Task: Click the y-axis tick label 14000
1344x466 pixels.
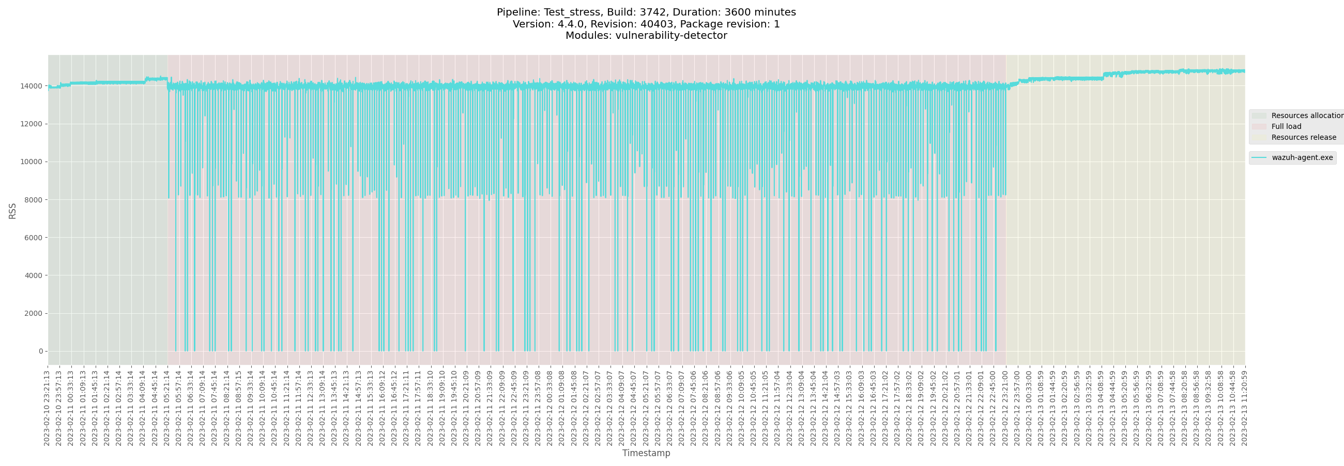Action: point(32,86)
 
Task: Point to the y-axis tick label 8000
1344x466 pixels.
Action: point(34,199)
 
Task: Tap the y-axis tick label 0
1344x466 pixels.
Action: point(41,351)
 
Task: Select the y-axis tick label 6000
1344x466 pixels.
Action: point(34,238)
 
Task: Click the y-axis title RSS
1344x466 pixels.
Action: point(12,211)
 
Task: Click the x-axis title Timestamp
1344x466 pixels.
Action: point(646,453)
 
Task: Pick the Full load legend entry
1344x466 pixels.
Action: point(1286,126)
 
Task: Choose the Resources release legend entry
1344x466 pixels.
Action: point(1303,137)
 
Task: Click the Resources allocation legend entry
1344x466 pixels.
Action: point(1306,115)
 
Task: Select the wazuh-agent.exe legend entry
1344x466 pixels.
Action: point(1302,158)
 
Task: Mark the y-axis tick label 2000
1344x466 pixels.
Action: point(34,313)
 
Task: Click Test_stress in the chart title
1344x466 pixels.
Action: point(572,12)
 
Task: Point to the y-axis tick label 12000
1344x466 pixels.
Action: point(32,124)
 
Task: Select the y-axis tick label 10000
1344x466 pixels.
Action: point(32,162)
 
